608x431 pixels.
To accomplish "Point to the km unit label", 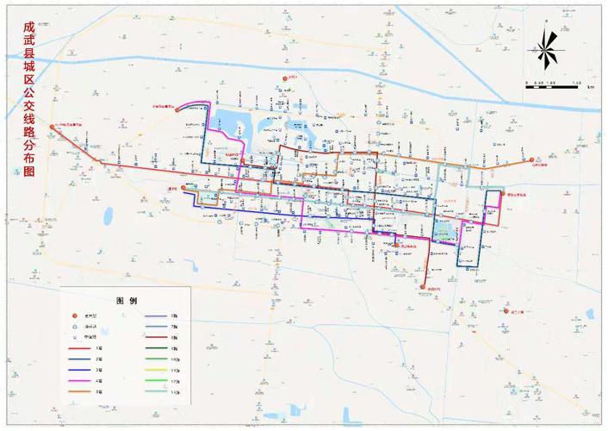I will point(592,86).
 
